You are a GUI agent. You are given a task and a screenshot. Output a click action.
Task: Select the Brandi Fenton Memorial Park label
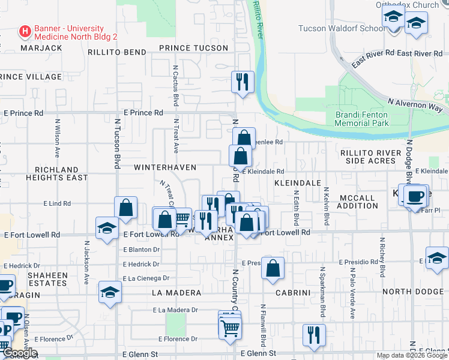(x=361, y=119)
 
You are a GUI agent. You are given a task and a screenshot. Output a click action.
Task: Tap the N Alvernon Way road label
(x=415, y=106)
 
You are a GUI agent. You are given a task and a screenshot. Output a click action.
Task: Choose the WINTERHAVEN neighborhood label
(x=164, y=166)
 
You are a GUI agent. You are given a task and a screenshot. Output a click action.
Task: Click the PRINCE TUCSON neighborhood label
(x=193, y=48)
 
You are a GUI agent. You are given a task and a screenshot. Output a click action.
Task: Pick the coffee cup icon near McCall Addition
(x=415, y=196)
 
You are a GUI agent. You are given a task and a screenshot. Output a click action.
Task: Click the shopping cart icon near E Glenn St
(x=230, y=328)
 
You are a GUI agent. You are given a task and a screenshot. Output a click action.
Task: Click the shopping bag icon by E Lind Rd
(x=126, y=208)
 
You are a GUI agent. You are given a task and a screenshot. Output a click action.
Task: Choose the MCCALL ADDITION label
(x=357, y=202)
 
